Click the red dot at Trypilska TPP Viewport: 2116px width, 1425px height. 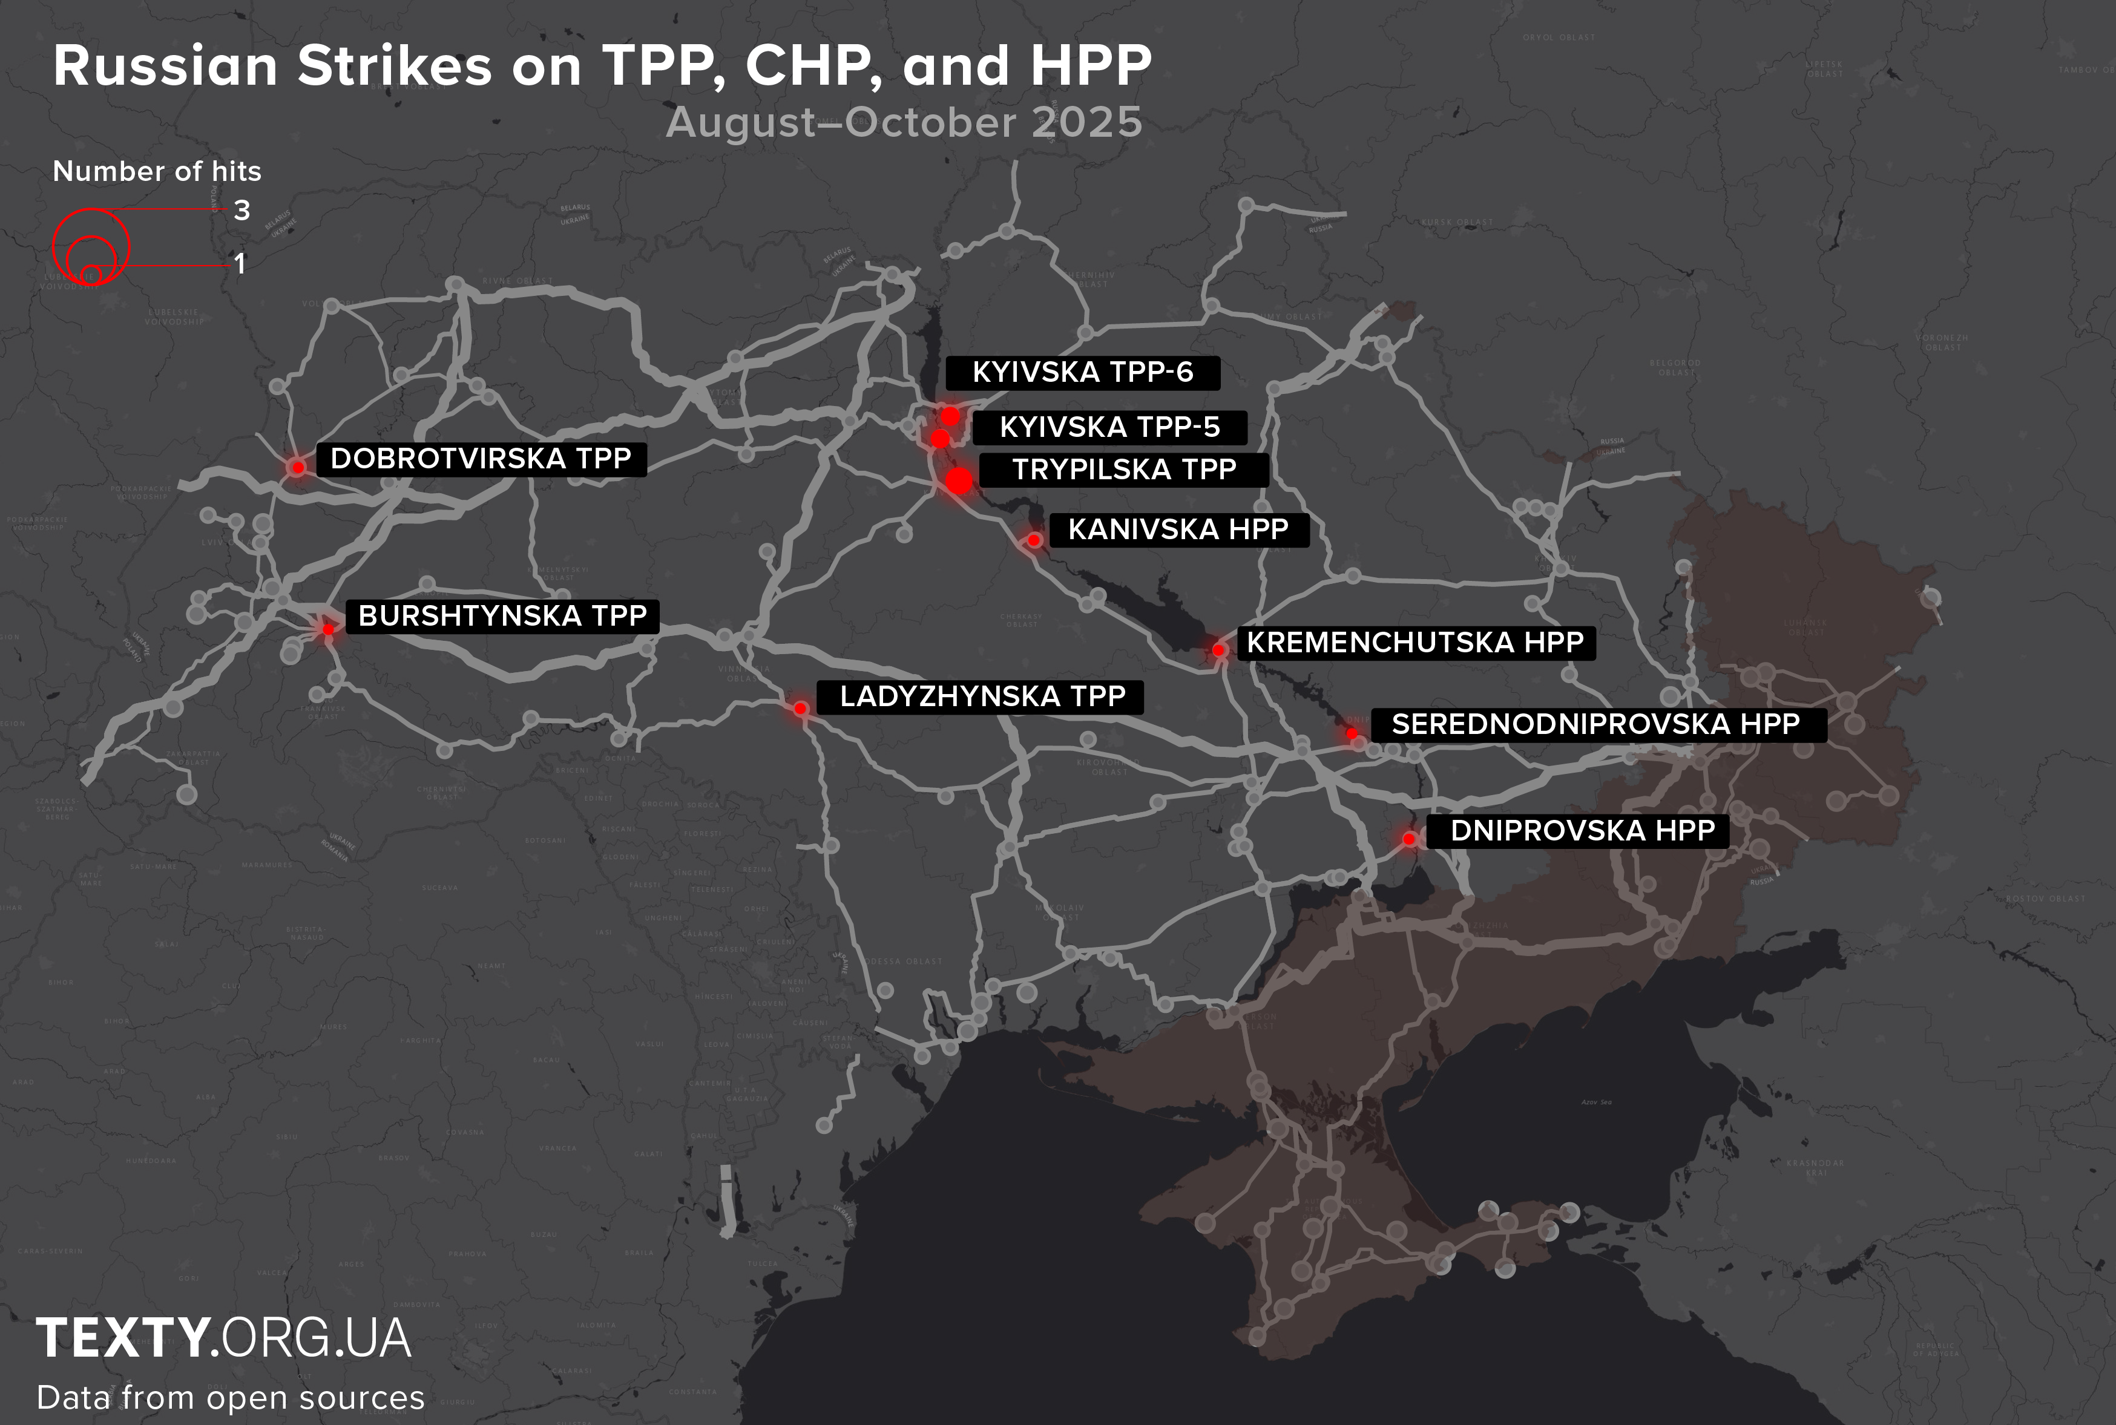959,481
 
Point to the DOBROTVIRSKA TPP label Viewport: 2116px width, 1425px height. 481,459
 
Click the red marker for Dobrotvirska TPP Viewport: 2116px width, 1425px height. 297,468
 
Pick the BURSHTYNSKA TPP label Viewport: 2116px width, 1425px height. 502,616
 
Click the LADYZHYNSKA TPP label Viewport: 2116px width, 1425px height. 982,696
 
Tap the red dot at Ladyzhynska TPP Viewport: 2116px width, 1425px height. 800,708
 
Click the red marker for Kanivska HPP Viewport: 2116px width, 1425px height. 1033,540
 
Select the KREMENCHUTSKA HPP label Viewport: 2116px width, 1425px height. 1414,643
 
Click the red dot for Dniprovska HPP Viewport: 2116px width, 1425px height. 1409,839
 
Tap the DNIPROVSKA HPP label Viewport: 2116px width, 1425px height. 1582,831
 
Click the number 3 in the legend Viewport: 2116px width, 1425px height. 241,211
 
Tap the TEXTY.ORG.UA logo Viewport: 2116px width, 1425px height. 223,1338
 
